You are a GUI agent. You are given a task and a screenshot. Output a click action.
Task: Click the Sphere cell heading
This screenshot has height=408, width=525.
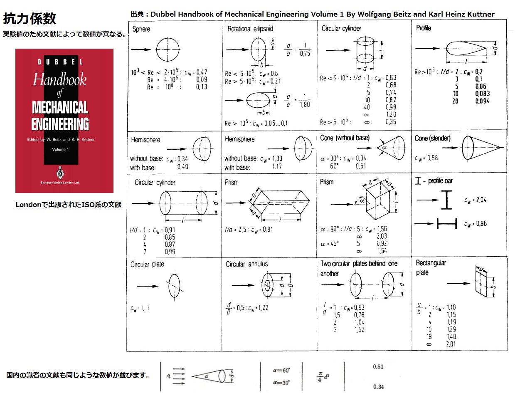141,29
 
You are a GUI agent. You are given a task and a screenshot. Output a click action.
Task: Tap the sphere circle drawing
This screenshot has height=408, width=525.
168,49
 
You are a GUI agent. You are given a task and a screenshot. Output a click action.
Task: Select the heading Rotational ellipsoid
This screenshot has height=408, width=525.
250,29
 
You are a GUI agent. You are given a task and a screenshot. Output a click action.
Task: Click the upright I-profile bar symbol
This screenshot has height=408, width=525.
446,200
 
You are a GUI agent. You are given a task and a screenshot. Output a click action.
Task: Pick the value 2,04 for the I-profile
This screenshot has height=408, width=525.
481,200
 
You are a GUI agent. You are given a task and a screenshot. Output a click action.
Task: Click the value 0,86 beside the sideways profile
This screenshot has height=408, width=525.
481,224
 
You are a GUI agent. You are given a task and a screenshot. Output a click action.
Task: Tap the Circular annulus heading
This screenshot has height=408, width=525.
246,264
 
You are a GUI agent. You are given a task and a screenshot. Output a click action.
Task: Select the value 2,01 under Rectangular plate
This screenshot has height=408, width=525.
451,344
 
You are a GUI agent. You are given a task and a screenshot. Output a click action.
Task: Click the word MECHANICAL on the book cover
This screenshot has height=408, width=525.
60,108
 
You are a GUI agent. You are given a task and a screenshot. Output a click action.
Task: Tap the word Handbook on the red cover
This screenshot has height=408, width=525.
60,79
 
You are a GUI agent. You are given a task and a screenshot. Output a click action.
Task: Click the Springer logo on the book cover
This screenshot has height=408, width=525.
60,173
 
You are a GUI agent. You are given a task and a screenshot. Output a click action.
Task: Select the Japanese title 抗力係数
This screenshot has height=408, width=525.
30,18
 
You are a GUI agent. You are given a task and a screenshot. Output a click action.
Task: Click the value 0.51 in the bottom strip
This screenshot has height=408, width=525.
378,367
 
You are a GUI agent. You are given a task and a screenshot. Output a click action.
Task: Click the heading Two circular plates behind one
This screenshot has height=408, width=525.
359,264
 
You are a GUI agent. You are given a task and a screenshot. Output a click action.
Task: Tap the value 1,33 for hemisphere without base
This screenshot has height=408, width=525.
277,158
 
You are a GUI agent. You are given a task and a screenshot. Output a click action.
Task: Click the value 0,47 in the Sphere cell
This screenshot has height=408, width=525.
202,72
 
